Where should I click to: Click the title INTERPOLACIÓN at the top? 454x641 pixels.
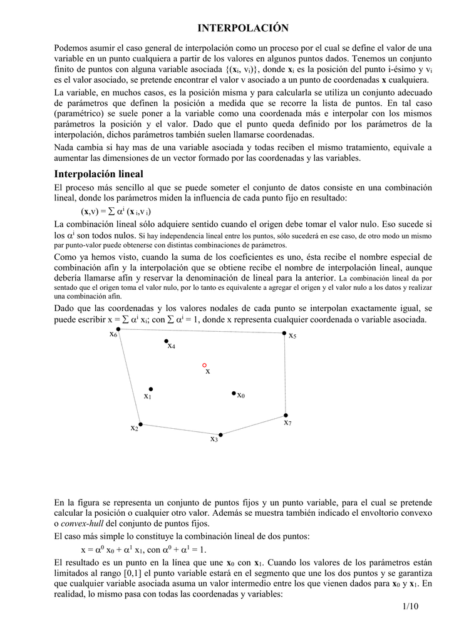243,28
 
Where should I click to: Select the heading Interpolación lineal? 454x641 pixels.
99,173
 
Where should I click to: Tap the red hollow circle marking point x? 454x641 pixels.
204,365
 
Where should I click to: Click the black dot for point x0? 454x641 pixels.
234,394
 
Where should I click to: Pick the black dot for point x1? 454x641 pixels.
150,389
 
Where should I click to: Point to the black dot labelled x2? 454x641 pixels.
140,424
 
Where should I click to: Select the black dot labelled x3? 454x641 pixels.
220,434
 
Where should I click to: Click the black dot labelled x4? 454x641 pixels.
167,341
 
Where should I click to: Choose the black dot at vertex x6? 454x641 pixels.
118,329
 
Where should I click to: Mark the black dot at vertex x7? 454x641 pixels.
286,415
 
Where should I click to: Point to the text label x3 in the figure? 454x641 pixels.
214,439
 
